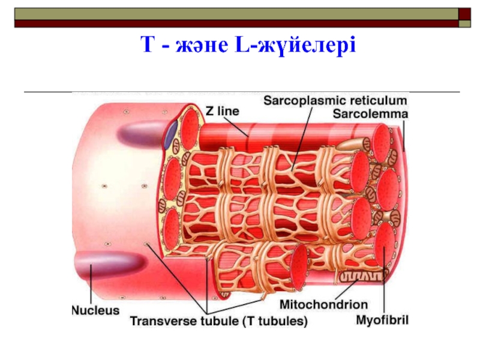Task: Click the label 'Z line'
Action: pos(222,111)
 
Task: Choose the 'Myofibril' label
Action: pos(382,320)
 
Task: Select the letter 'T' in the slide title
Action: pos(146,44)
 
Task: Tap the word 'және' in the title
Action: pos(198,46)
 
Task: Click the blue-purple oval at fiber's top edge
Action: pos(171,134)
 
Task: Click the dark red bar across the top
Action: pos(234,23)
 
